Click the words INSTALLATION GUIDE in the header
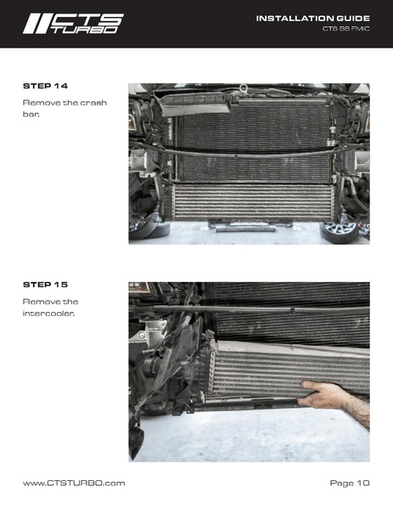coord(312,17)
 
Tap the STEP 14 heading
coord(44,86)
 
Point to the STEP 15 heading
coord(44,284)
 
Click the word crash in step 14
coord(91,102)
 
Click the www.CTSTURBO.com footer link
coord(74,483)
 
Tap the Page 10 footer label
coord(349,483)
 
